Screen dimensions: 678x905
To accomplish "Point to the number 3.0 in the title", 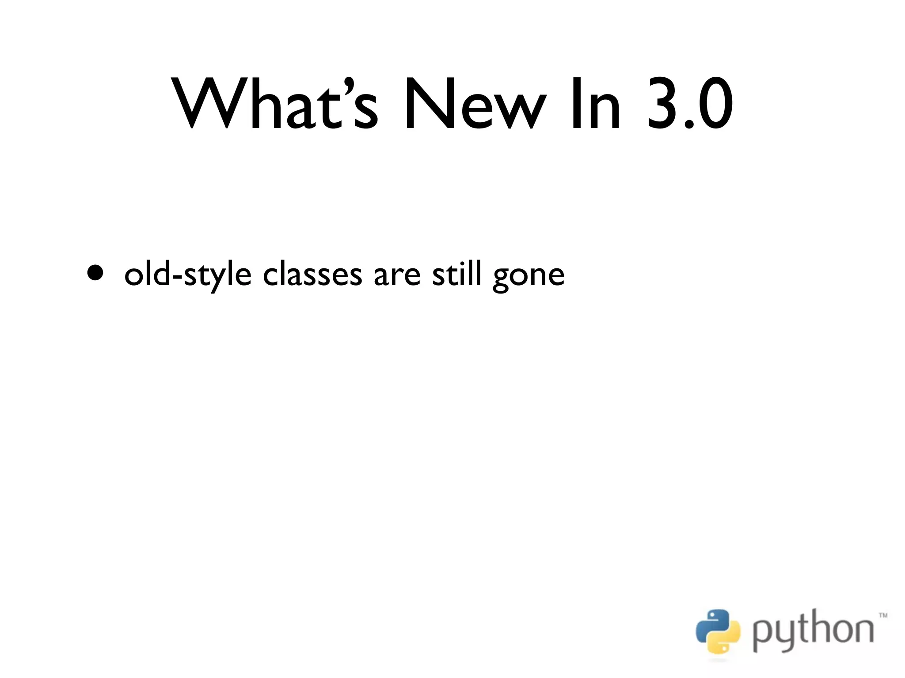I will [x=690, y=104].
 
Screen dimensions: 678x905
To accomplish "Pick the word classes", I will [x=312, y=275].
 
